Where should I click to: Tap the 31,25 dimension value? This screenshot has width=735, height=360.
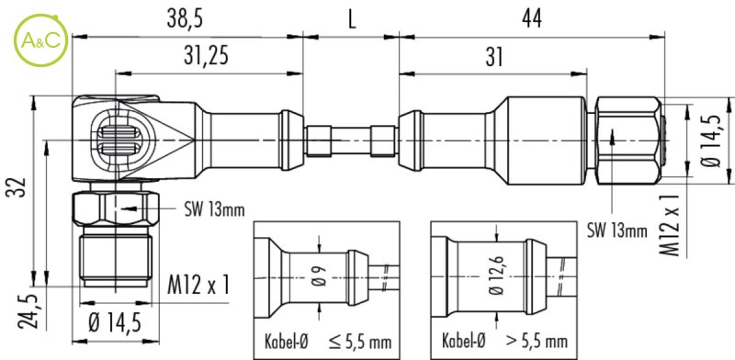[x=206, y=56]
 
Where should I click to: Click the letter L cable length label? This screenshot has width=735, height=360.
[x=352, y=20]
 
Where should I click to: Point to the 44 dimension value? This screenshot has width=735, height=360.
[x=532, y=20]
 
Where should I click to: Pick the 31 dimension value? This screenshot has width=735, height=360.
[x=494, y=58]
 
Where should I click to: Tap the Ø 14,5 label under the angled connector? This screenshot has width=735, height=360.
[x=115, y=322]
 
